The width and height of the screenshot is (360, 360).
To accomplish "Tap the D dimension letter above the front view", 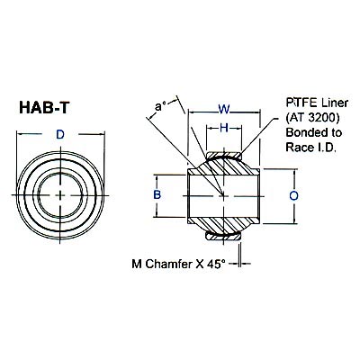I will click(x=60, y=135).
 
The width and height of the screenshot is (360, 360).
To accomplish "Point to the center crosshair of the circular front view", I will click(x=60, y=194).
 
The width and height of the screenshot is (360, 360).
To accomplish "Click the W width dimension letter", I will click(x=223, y=110).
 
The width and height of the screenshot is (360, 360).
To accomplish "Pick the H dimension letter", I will click(x=223, y=129).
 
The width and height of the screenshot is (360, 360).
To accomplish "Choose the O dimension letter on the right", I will click(x=293, y=193).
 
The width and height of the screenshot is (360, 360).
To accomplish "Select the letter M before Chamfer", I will click(x=137, y=264).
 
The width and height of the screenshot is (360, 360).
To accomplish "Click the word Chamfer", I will click(x=170, y=264).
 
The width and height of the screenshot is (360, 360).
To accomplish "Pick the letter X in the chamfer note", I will click(x=202, y=264).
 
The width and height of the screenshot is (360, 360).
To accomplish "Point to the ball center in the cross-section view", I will click(x=223, y=194).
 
